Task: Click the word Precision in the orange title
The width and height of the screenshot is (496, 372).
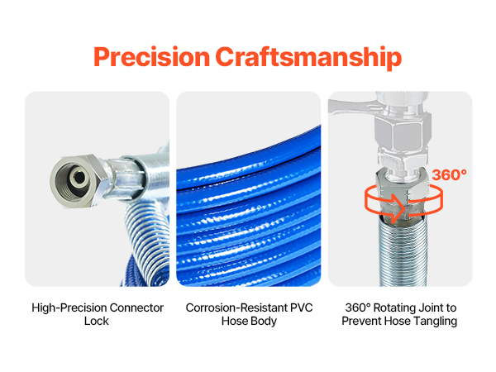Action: click(152, 57)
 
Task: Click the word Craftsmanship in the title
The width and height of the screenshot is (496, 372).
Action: click(308, 58)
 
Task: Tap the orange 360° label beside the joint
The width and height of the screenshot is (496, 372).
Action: click(449, 175)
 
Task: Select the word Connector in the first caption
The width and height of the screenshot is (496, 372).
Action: click(136, 308)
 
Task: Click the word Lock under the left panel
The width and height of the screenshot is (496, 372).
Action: click(97, 321)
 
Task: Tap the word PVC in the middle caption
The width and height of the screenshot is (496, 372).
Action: click(301, 308)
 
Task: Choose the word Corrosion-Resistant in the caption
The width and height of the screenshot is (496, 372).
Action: click(236, 308)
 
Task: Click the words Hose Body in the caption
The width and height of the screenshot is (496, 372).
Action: click(249, 321)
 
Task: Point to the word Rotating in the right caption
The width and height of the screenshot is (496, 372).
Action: click(394, 308)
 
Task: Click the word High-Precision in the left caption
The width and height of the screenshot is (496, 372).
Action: click(69, 308)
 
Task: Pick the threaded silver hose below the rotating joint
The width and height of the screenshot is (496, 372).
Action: click(403, 253)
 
